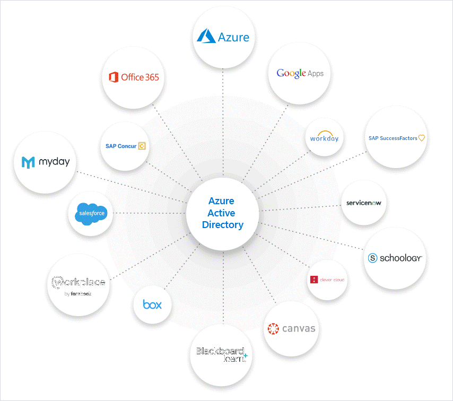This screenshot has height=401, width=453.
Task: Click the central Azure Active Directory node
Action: [x=222, y=213]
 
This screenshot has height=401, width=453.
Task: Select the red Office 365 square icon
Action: [x=112, y=77]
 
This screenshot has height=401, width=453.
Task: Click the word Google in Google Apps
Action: [x=291, y=73]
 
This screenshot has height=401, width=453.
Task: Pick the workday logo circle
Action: [x=324, y=137]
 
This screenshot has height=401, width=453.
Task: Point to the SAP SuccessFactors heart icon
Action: [x=422, y=138]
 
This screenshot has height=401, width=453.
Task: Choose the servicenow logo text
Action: [x=363, y=203]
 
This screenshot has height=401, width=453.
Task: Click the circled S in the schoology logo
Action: [x=372, y=258]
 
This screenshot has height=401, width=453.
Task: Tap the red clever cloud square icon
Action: [x=315, y=280]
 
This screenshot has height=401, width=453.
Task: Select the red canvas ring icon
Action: [x=273, y=329]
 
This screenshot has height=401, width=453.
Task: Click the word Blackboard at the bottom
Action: [x=220, y=351]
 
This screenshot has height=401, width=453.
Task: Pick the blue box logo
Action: [x=152, y=304]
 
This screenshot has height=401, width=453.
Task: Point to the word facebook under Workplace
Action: [x=81, y=293]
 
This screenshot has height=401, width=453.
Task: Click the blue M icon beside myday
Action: [x=28, y=162]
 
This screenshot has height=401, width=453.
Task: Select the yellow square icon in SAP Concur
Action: [x=142, y=146]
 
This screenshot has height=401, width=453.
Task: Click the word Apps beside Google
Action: [x=316, y=74]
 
